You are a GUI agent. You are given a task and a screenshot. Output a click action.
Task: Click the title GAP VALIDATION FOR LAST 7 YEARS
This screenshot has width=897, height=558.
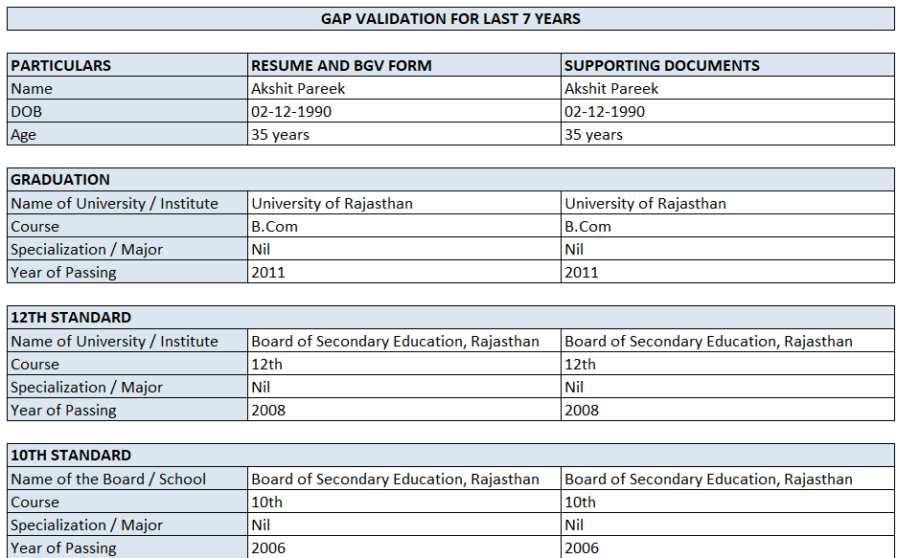450,18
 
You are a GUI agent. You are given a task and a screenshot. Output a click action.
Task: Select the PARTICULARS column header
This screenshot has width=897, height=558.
60,66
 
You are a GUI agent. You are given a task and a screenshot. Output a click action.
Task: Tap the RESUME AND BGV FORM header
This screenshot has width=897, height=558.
341,66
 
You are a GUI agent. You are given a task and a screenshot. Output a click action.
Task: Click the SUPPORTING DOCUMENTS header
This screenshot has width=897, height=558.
661,66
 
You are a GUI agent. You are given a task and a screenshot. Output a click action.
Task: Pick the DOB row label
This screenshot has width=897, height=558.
26,112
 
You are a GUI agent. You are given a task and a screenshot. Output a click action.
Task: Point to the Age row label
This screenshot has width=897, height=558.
23,135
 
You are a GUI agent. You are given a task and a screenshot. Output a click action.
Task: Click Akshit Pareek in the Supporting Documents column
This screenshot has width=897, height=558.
611,89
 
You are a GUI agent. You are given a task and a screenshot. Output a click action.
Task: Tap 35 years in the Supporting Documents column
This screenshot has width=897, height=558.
593,135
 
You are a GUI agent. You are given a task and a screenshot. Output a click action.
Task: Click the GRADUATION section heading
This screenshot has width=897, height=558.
60,180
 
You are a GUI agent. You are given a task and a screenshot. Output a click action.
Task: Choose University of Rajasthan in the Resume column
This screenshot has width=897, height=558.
332,204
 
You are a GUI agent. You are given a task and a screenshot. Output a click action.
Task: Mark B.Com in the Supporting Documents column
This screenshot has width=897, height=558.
587,227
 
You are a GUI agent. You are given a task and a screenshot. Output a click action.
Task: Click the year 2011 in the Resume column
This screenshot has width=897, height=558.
268,273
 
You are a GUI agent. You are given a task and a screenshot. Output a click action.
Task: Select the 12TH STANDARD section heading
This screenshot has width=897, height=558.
71,318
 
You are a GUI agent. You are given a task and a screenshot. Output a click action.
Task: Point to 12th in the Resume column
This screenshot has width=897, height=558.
266,365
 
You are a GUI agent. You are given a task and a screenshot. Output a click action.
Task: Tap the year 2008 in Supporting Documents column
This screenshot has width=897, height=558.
582,411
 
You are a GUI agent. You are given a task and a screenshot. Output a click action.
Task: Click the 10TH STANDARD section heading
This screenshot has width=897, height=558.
71,456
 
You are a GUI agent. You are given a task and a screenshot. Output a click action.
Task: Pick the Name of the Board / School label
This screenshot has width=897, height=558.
108,480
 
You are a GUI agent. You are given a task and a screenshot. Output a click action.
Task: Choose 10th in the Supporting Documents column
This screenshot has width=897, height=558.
580,502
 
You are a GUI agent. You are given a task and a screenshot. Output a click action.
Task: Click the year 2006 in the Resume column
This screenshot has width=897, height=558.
268,548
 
